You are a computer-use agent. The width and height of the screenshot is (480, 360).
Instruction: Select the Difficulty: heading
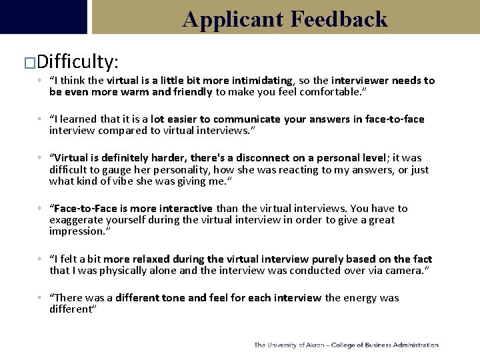tap(78, 62)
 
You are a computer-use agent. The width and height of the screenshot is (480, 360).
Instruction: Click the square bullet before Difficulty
tap(29, 63)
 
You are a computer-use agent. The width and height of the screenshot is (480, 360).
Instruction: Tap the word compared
tap(117, 131)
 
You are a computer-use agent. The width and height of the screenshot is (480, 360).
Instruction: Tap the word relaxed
tap(147, 259)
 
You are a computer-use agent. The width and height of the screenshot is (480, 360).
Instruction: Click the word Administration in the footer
tap(415, 345)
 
